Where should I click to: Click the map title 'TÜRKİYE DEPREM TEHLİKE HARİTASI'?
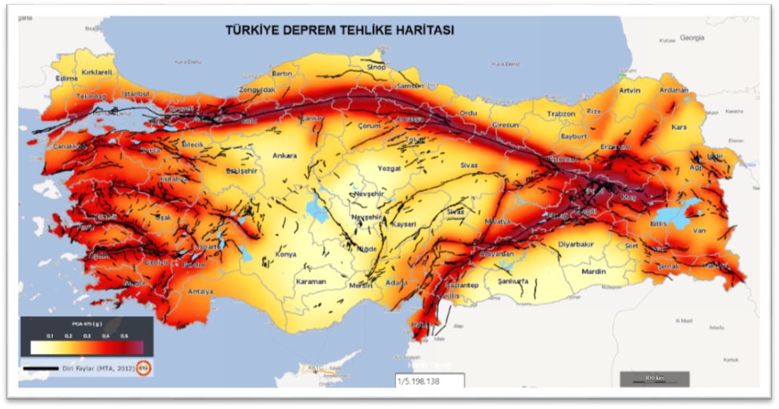point(339,30)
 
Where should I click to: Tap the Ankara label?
point(285,156)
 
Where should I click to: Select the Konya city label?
point(285,254)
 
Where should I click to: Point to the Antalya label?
point(200,291)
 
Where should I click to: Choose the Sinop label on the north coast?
point(376,67)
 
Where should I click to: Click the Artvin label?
point(631,91)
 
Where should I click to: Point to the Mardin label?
point(594,271)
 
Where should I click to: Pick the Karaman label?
point(312,282)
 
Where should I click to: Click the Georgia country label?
point(691,38)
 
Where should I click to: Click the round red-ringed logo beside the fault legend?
point(143,369)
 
